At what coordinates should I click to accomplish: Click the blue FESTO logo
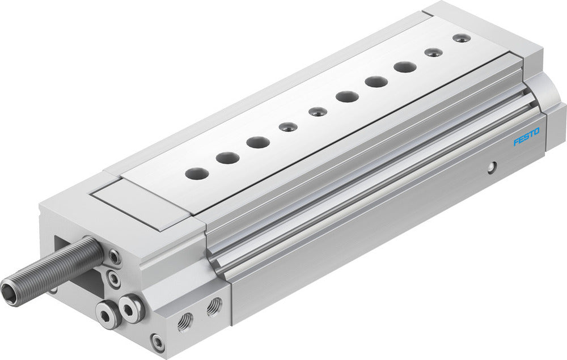tap(526, 137)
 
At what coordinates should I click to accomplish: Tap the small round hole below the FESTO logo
tap(493, 166)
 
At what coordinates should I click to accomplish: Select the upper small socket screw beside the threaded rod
tap(114, 257)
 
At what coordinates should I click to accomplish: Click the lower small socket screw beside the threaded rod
tap(115, 279)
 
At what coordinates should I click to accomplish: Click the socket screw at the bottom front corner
tap(158, 342)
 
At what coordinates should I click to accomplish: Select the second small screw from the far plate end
tap(433, 52)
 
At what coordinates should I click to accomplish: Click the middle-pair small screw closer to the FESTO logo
tap(318, 112)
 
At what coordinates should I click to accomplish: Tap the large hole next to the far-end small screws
tap(405, 67)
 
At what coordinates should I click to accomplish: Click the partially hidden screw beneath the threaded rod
tap(53, 290)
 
